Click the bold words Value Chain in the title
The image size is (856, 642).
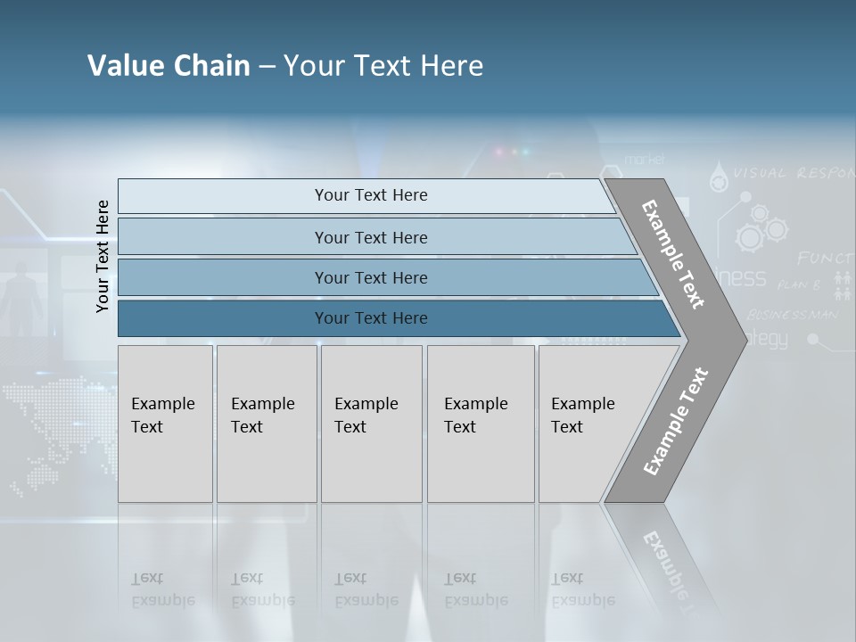tap(169, 66)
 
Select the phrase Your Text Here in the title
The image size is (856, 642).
tap(383, 66)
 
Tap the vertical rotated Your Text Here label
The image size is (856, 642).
tap(103, 256)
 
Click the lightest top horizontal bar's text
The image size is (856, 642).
tap(371, 195)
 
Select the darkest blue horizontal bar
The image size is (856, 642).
tap(392, 318)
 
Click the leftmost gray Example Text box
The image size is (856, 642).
tap(165, 424)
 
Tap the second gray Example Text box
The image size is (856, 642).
tap(266, 424)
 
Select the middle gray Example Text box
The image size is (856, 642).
tap(371, 424)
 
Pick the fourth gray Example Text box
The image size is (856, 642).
tap(480, 424)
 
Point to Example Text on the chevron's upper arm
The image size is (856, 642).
tap(673, 254)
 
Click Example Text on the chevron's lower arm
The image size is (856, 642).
tap(675, 422)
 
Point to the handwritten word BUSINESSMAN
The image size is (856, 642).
tap(792, 314)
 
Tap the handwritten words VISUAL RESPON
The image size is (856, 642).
tap(794, 173)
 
